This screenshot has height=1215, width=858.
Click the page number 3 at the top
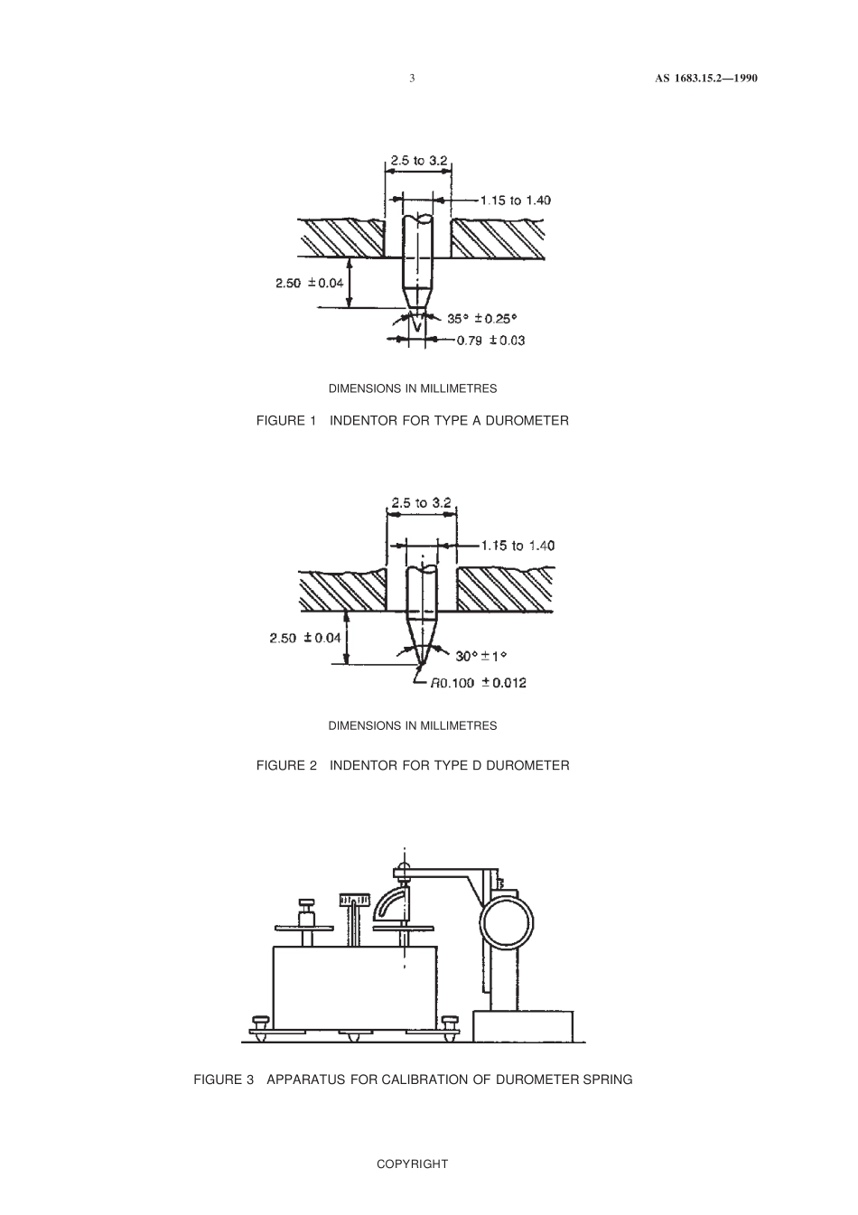click(x=412, y=79)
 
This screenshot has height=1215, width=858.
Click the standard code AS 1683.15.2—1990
click(x=705, y=79)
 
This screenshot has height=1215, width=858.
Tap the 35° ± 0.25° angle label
click(x=482, y=318)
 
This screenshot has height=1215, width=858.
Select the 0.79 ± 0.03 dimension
click(x=490, y=341)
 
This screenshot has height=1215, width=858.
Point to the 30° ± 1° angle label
click(x=483, y=656)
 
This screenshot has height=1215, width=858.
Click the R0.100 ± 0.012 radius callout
click(x=478, y=683)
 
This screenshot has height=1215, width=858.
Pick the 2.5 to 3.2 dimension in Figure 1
click(x=419, y=161)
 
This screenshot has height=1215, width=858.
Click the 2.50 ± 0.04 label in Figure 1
click(x=310, y=283)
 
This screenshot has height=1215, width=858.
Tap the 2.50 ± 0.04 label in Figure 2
click(x=304, y=638)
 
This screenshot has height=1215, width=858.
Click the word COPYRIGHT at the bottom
click(x=412, y=1164)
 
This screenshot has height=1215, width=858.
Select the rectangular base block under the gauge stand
click(x=523, y=1026)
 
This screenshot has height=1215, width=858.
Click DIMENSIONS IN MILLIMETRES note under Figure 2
click(x=412, y=725)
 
